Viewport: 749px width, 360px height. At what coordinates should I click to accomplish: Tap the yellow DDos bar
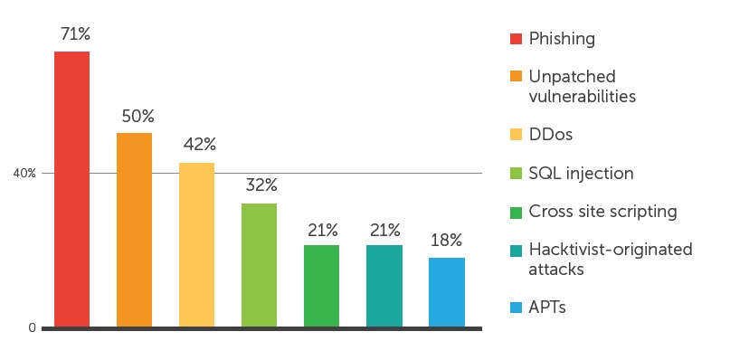click(196, 244)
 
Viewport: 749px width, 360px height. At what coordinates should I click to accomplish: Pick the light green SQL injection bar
click(259, 264)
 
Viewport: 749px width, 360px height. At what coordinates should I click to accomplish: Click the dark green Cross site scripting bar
click(321, 285)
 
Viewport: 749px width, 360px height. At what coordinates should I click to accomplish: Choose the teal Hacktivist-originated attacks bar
click(384, 285)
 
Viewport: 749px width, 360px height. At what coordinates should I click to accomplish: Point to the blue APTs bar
click(446, 291)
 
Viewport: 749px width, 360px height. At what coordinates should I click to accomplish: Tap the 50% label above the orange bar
click(137, 117)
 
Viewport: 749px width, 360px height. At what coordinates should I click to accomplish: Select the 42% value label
click(198, 145)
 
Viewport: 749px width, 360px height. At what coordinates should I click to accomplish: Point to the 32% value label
click(260, 185)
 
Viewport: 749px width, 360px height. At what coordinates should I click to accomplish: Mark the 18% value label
click(446, 241)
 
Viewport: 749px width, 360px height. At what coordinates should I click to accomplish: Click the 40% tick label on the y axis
click(24, 174)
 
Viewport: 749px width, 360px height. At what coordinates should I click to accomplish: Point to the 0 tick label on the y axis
click(32, 328)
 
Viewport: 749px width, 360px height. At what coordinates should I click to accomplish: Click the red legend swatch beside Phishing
click(516, 39)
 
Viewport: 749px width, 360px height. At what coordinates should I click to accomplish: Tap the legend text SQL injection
click(581, 174)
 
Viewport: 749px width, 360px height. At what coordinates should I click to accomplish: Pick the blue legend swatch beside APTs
click(516, 308)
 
